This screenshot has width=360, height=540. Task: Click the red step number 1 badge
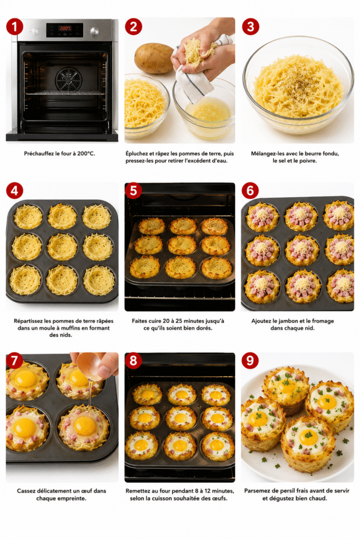[x=14, y=26]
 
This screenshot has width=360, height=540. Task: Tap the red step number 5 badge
[x=133, y=191]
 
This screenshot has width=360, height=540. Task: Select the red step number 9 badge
[x=250, y=361]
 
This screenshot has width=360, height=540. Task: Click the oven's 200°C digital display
[x=65, y=28]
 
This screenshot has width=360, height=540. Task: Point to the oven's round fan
[x=69, y=79]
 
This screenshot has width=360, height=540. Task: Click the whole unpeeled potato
[x=153, y=58]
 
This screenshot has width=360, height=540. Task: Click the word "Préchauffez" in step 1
[x=39, y=153]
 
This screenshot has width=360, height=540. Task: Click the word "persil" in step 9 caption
[x=292, y=491]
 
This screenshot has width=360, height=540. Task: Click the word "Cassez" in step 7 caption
[x=26, y=491]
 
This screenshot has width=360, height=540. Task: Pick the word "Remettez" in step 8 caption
[x=138, y=491]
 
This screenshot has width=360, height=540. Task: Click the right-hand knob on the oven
[x=94, y=31]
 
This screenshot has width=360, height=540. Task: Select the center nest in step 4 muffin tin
[x=62, y=247]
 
